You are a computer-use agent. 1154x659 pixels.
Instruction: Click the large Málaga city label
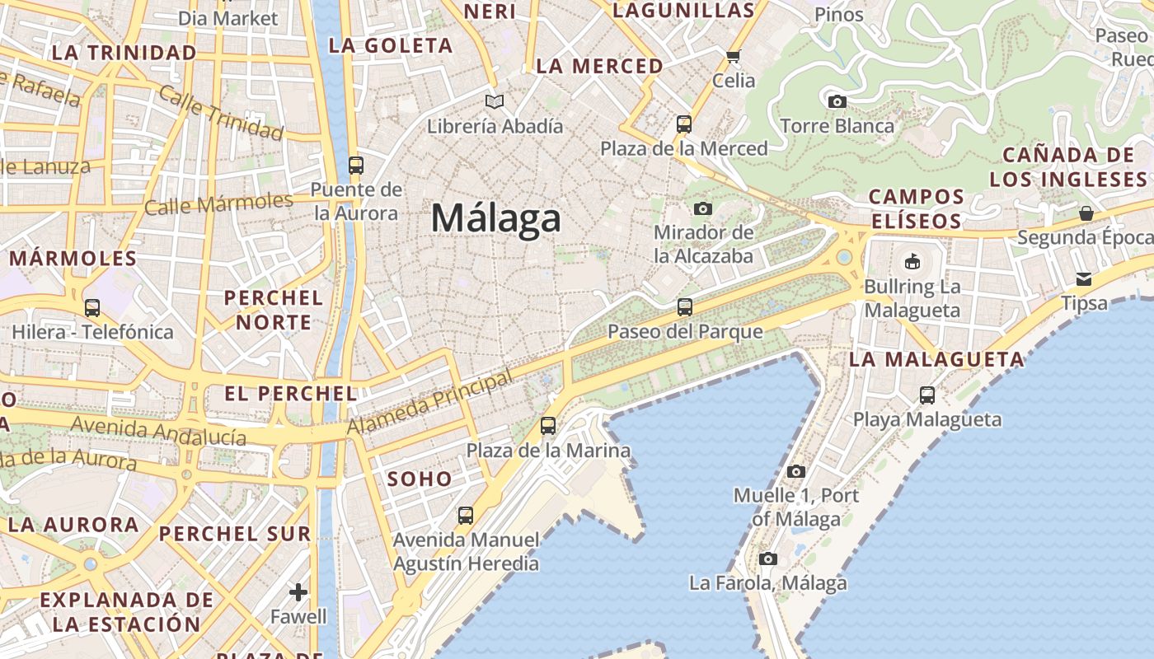[496, 219]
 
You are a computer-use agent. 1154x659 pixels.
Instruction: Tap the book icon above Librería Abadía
[495, 101]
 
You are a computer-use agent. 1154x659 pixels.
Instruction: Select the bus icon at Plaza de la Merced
[684, 124]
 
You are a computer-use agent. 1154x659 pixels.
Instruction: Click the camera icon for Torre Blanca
[837, 102]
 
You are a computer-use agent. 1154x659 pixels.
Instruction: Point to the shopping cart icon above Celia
[733, 56]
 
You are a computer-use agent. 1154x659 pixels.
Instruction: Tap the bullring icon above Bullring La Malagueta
[912, 262]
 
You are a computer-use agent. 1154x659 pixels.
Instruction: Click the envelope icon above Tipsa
[1084, 279]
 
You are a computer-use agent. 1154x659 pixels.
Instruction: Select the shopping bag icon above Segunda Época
[1086, 213]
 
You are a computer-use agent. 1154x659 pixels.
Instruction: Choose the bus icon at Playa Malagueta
[927, 395]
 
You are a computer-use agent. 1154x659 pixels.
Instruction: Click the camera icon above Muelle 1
[795, 472]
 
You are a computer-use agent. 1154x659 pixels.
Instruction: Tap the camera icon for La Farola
[768, 559]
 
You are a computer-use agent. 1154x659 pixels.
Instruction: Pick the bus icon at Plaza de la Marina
[548, 426]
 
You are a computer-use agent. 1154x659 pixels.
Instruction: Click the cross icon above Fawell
[298, 592]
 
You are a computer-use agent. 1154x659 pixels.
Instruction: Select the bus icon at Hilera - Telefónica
[92, 308]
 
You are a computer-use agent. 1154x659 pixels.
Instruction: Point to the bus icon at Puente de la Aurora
[356, 166]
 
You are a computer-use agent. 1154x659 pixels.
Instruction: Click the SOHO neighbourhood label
[420, 479]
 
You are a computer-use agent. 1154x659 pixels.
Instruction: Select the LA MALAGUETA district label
[936, 359]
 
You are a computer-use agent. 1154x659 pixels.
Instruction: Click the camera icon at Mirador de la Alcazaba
[703, 208]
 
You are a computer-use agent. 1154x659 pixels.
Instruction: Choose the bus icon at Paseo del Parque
[685, 307]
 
